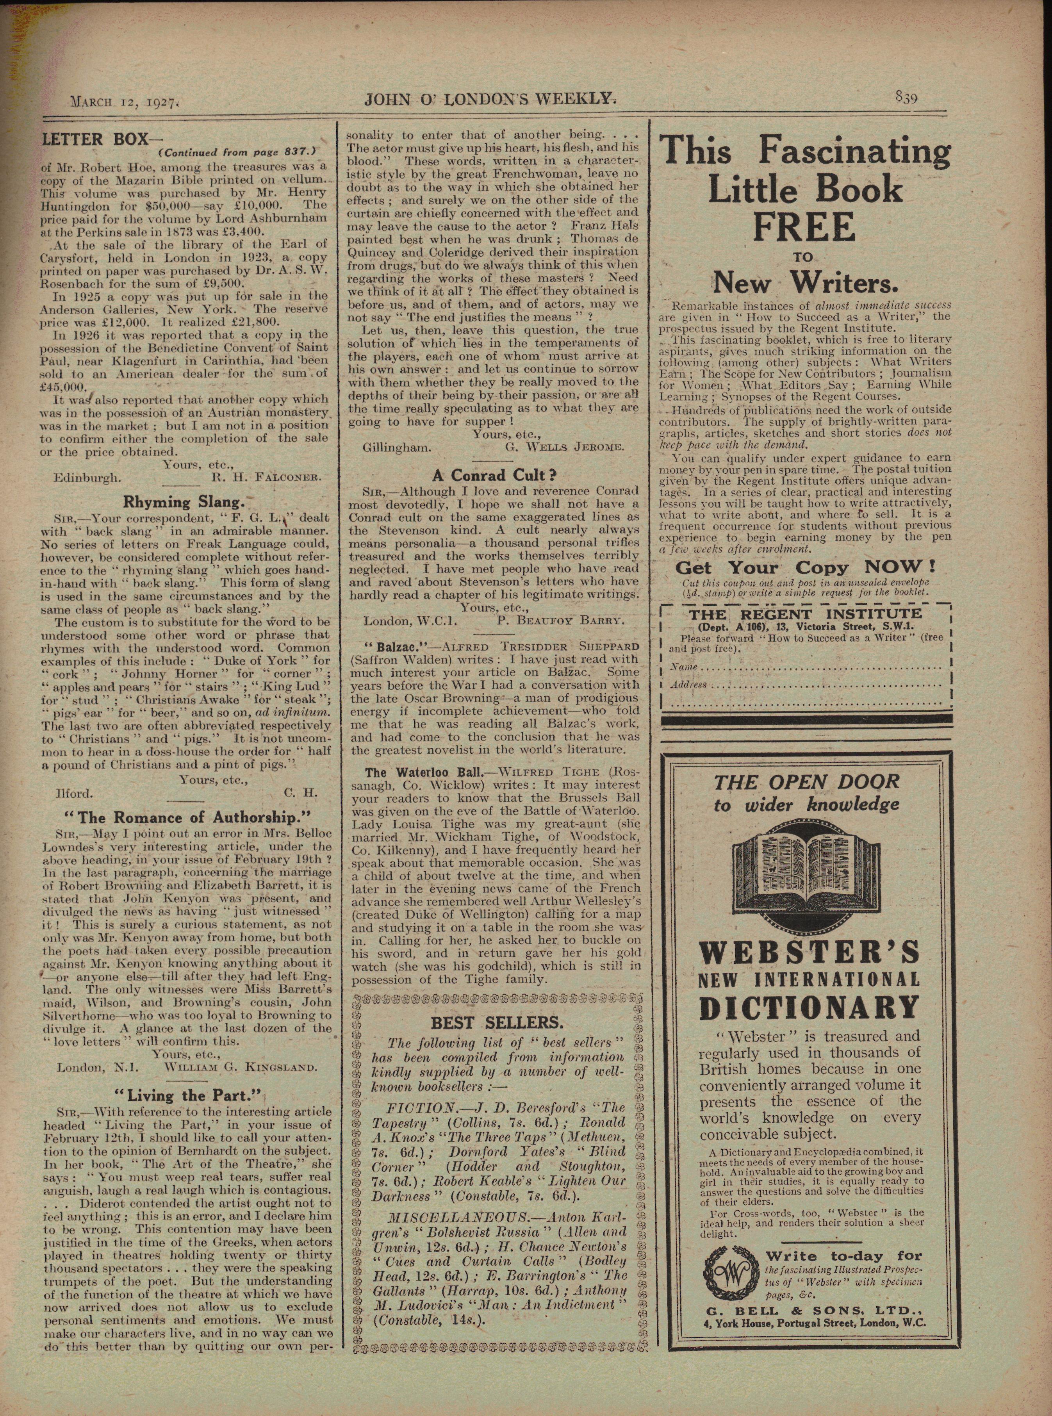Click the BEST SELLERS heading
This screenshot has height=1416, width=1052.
[497, 1022]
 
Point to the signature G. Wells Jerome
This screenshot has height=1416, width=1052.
[564, 447]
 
